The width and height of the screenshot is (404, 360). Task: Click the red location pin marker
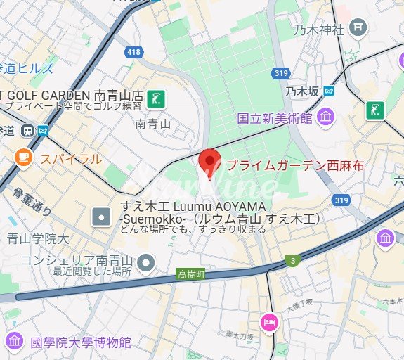coord(209,161)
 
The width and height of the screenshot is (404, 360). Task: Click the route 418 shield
coord(133,52)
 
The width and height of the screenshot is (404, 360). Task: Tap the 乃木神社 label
coord(318,30)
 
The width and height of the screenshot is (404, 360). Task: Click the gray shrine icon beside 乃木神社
coord(358,28)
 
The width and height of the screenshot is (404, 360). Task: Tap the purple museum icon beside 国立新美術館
coord(325,117)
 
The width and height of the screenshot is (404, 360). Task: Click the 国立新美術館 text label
coord(274,118)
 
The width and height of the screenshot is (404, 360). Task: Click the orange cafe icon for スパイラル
coord(24,156)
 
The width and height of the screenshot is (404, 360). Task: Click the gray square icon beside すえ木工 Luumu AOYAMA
coord(103,216)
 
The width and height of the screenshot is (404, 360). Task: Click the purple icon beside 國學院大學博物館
coord(15,342)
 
